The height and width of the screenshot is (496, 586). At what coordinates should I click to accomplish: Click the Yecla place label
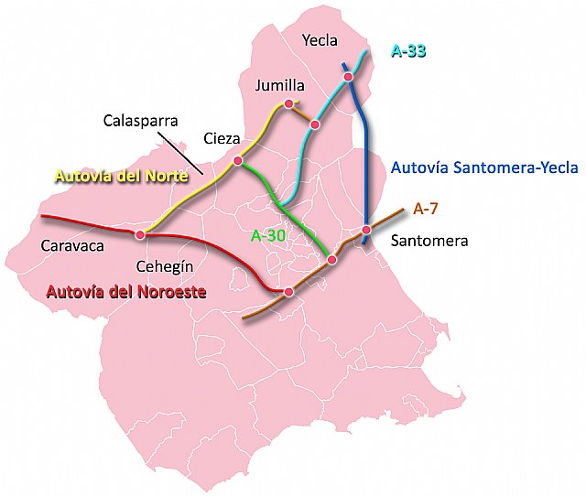[x=320, y=40]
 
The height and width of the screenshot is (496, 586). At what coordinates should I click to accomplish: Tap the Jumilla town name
[x=280, y=86]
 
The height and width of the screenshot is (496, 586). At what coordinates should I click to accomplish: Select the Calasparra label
[x=140, y=120]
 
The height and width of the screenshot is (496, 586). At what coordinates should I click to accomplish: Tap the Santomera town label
[x=429, y=242]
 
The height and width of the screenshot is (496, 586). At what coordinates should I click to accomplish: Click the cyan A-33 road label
[x=408, y=51]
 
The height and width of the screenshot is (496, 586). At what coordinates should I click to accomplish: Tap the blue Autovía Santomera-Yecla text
[x=484, y=167]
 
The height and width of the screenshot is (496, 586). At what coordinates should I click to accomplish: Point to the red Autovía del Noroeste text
[x=125, y=293]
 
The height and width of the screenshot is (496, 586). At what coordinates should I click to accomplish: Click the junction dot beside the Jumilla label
[x=288, y=104]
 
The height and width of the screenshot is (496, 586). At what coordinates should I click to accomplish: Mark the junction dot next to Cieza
[x=237, y=161]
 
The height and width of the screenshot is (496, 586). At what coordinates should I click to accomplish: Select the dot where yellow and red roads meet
[x=140, y=235]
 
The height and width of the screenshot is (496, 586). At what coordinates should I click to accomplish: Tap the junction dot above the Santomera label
[x=365, y=230]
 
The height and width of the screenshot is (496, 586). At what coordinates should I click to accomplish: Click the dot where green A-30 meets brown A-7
[x=332, y=261]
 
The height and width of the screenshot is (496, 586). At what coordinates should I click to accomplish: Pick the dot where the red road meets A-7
[x=288, y=292]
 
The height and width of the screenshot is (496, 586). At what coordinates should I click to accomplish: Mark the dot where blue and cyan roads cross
[x=348, y=78]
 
